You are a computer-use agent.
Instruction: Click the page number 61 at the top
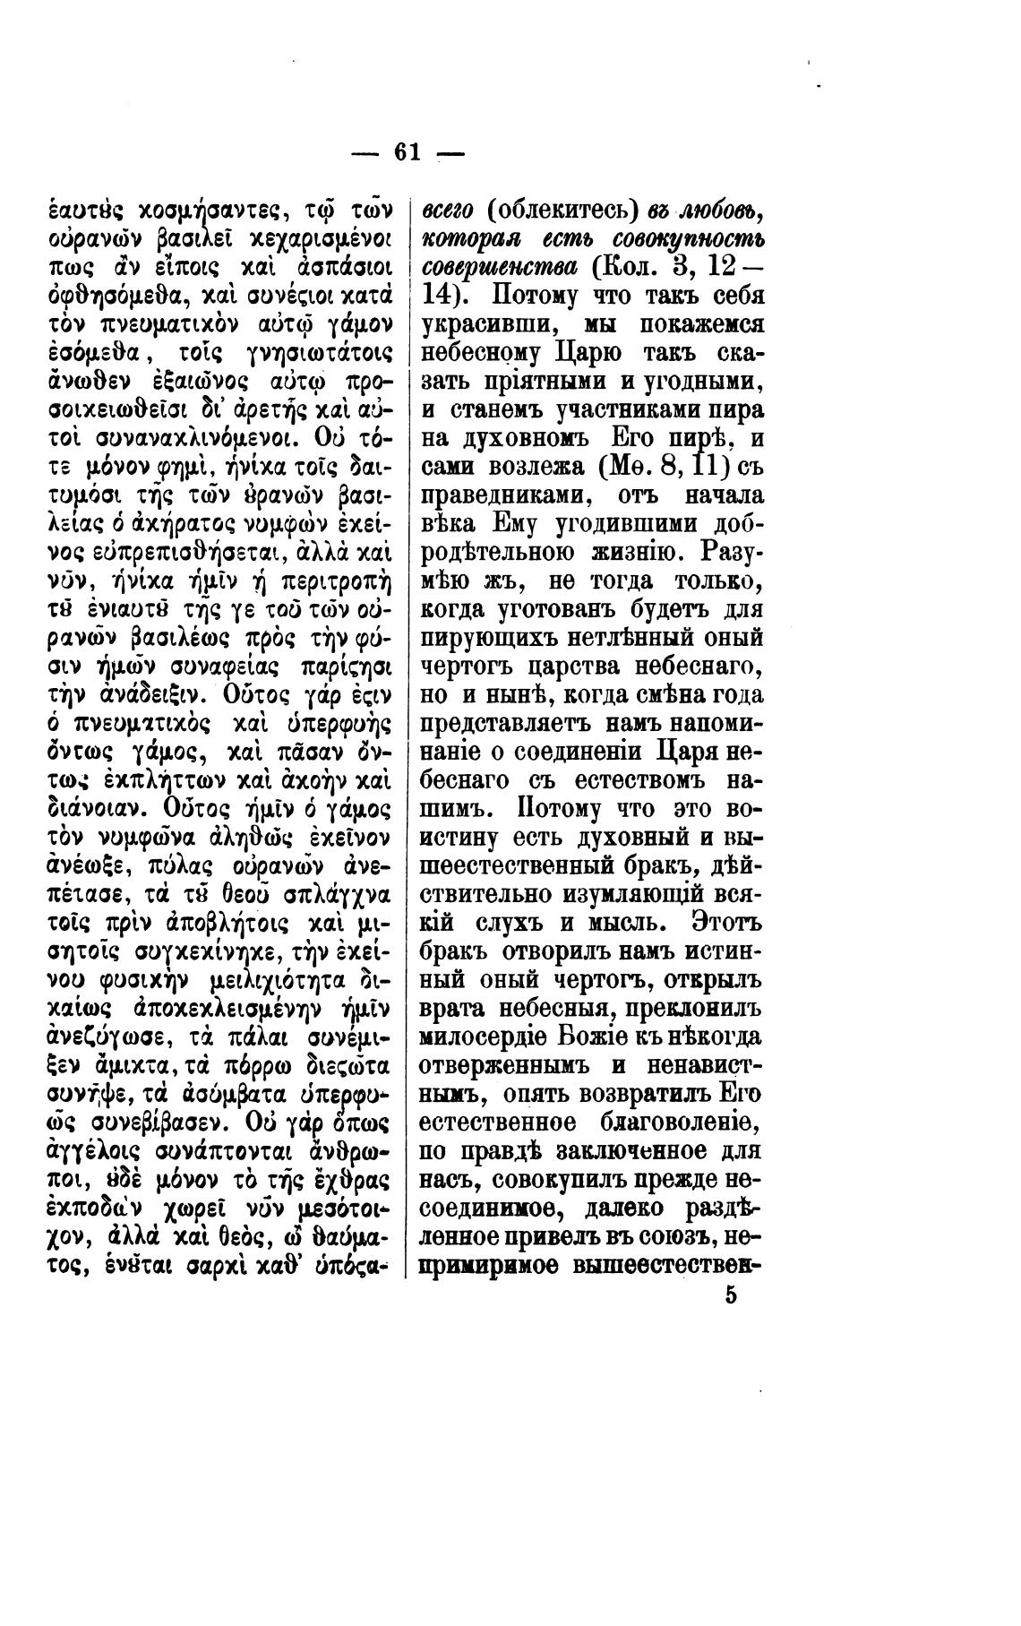pos(407,152)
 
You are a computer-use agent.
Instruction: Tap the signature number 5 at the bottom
pos(732,1295)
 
